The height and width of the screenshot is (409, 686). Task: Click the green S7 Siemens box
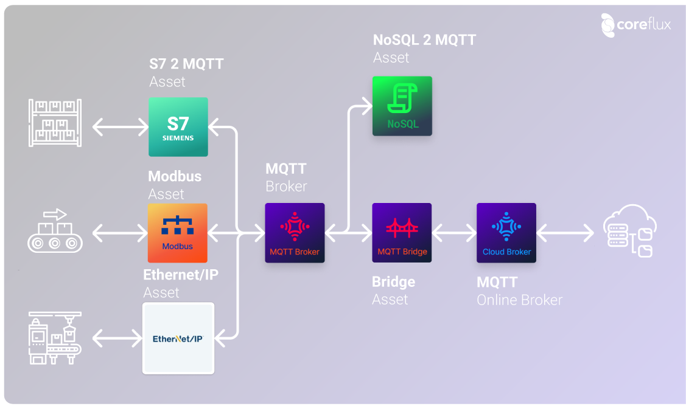tap(178, 127)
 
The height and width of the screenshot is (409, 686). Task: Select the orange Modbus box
tap(178, 233)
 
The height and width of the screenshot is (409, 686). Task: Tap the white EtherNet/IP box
tap(178, 339)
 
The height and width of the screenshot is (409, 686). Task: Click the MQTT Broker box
tap(295, 233)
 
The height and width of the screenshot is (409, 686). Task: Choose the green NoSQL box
tap(402, 106)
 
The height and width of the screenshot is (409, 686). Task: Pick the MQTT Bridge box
tap(402, 233)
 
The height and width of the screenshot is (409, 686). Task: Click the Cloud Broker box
tap(506, 233)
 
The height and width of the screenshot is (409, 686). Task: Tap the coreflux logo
tap(636, 24)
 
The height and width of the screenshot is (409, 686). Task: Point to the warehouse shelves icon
tap(55, 123)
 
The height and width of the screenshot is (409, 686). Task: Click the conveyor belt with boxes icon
tap(55, 231)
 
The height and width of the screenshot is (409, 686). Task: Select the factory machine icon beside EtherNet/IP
tap(55, 339)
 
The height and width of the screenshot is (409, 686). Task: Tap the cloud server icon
tap(629, 231)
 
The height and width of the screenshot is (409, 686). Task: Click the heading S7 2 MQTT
tap(186, 64)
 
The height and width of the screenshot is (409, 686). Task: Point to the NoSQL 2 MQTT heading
tap(424, 40)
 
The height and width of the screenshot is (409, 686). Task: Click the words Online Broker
tap(519, 300)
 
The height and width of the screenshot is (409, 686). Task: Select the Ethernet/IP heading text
tap(181, 275)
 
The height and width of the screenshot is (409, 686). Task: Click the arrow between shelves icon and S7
tap(121, 127)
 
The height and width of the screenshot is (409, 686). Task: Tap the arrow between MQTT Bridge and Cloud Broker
tap(454, 233)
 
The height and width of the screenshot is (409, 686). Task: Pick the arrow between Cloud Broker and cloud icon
tap(565, 233)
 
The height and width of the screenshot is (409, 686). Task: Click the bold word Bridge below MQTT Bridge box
tap(393, 282)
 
